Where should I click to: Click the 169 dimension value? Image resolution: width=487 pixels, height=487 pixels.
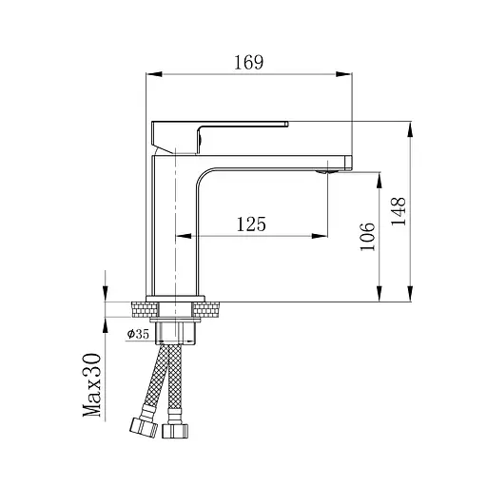(x=248, y=63)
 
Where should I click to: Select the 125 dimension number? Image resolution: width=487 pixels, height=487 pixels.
(x=251, y=224)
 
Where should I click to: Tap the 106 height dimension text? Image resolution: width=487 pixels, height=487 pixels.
(x=368, y=237)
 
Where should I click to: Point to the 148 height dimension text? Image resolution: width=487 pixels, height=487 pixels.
(x=399, y=211)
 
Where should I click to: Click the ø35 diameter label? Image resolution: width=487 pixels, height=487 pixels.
(x=138, y=334)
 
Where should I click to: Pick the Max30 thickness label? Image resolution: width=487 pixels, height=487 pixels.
(x=92, y=385)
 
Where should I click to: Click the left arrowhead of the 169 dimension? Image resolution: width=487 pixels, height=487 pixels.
(x=154, y=74)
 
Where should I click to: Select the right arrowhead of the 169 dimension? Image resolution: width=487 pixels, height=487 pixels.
(x=343, y=74)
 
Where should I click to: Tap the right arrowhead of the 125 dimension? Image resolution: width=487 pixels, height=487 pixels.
(x=320, y=236)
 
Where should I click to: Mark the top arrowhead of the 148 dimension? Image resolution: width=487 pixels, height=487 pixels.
(x=410, y=129)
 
